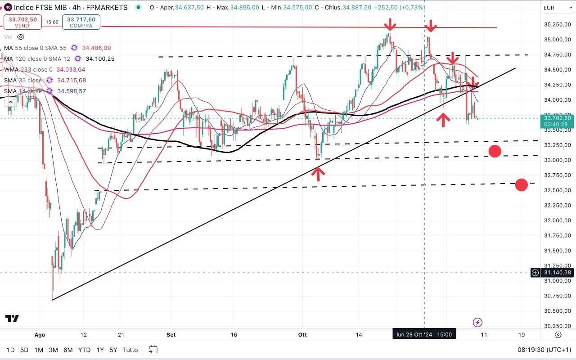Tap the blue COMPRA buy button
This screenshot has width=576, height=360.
81,22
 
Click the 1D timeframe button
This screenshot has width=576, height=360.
10,350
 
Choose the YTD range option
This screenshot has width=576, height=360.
84,350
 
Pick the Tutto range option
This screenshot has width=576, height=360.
130,350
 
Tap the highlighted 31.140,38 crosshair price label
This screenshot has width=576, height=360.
557,272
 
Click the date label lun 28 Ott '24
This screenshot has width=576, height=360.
424,334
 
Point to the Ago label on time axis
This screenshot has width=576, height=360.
40,335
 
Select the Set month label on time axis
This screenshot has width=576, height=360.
171,335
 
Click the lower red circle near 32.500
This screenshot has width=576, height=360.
521,184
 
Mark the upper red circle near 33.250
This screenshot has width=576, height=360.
495,151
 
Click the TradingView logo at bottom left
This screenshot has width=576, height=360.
12,318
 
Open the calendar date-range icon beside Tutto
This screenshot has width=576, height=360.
153,350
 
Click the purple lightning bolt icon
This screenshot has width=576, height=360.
478,322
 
